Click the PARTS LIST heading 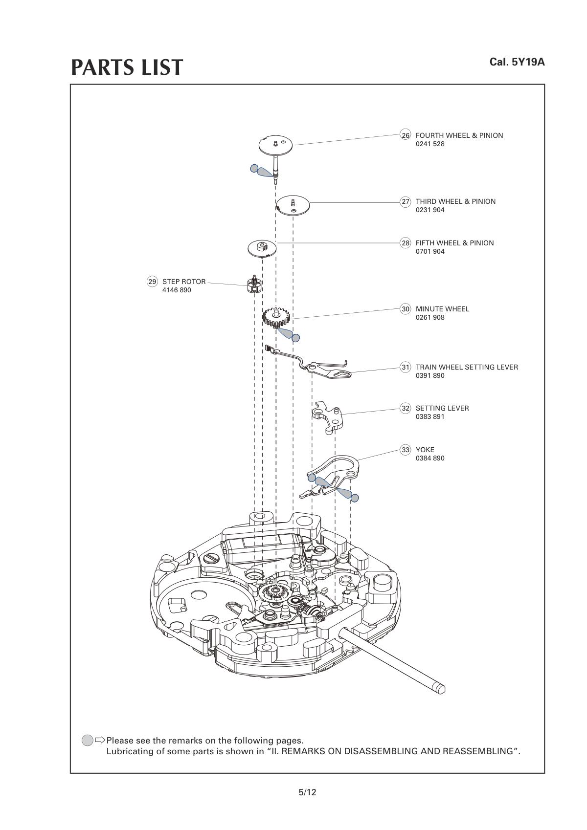click(x=127, y=67)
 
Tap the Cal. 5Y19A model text click(x=517, y=62)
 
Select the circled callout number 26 click(x=406, y=135)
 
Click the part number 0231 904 click(x=430, y=210)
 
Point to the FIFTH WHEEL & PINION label click(x=454, y=243)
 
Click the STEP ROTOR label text click(x=184, y=282)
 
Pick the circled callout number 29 click(x=152, y=282)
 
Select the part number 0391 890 click(x=430, y=376)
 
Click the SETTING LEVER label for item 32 click(x=442, y=408)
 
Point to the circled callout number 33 click(x=406, y=450)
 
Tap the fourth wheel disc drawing click(x=276, y=144)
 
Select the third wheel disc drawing click(x=293, y=204)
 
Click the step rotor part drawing click(x=253, y=284)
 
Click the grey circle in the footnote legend click(x=87, y=740)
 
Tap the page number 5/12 click(x=307, y=792)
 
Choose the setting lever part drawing click(x=327, y=416)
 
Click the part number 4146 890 click(x=177, y=290)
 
